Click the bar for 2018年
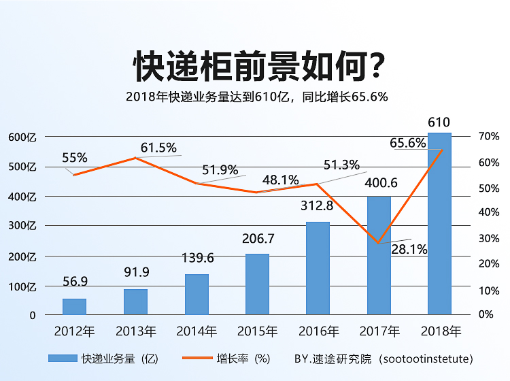point(439,225)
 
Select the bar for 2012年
point(74,307)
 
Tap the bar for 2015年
point(257,284)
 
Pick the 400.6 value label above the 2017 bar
point(381,183)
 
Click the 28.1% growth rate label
point(409,250)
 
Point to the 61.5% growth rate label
point(158,148)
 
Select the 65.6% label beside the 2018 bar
point(407,144)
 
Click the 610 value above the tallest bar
point(439,122)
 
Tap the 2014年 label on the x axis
point(197,332)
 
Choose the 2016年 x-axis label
point(318,332)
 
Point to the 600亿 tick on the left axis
point(22,137)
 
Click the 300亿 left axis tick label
point(22,226)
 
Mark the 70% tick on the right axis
point(488,137)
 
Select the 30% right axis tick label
point(488,239)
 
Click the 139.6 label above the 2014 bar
point(197,258)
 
